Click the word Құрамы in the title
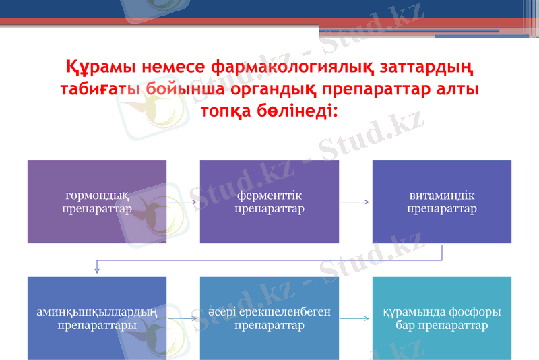[x=98, y=68]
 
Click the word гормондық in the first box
[x=96, y=196]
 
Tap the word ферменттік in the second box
[x=269, y=196]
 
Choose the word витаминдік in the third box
[x=441, y=196]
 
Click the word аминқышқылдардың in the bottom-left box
[x=96, y=312]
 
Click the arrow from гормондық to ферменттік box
[x=183, y=202]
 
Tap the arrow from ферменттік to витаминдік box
[x=355, y=202]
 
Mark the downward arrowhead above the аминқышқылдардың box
[x=97, y=270]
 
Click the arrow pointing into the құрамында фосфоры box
[x=355, y=318]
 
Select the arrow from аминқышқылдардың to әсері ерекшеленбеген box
[x=183, y=318]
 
